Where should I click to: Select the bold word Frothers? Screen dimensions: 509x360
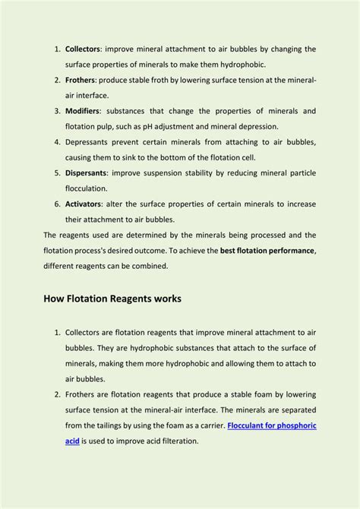point(81,80)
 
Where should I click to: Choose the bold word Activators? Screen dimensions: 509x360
point(83,203)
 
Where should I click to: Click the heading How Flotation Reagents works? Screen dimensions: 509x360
point(112,299)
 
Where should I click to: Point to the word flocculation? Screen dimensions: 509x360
point(86,188)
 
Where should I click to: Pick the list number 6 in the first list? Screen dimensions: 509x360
point(57,203)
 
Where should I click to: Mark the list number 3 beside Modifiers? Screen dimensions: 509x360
point(57,111)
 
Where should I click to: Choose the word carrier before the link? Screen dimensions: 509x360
point(208,425)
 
